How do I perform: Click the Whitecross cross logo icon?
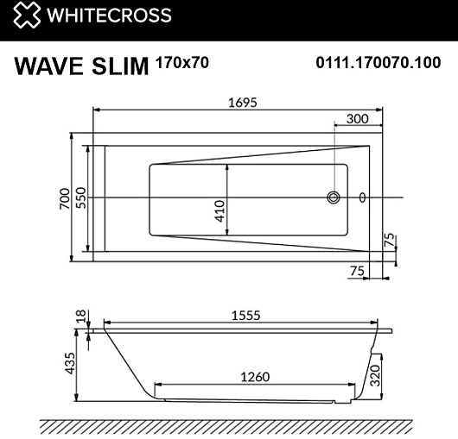(x=27, y=15)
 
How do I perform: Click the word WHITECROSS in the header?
(x=109, y=15)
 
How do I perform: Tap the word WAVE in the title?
(x=48, y=66)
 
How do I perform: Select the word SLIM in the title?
(x=120, y=66)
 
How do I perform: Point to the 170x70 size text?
(x=182, y=62)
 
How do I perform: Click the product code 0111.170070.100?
(x=378, y=63)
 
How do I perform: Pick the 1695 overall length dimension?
(x=243, y=103)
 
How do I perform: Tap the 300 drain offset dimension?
(x=358, y=119)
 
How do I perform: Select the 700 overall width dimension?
(x=65, y=198)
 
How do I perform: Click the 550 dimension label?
(x=81, y=198)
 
